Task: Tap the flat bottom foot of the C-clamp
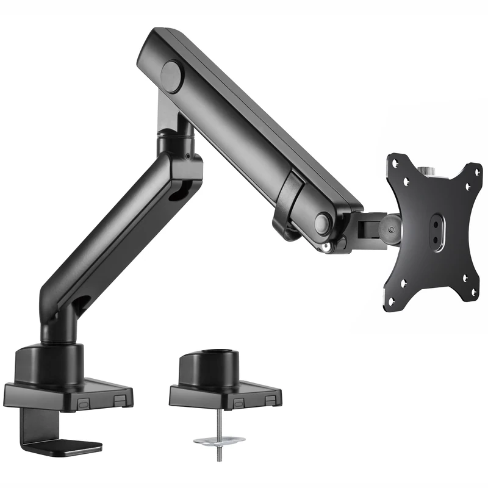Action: [67, 447]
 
